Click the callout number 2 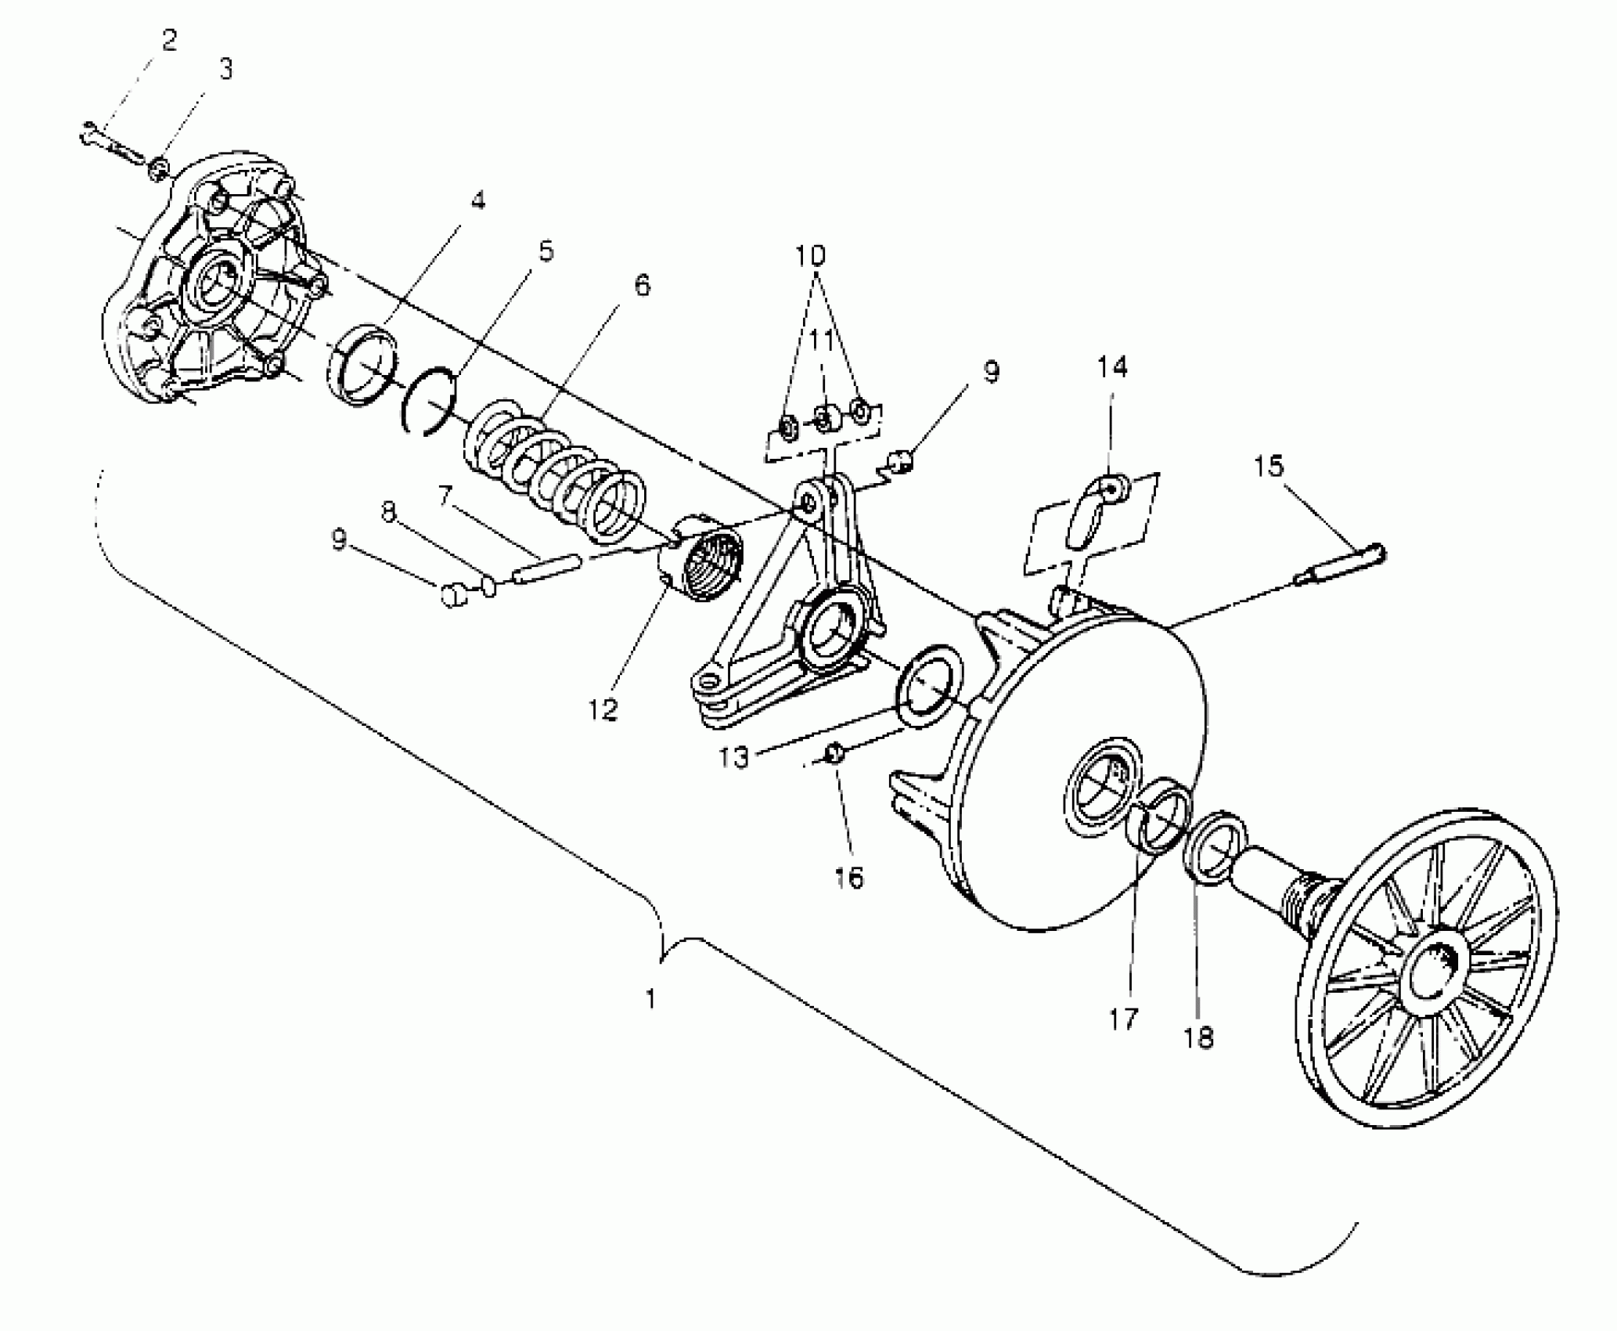[169, 41]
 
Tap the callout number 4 [477, 200]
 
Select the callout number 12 [603, 709]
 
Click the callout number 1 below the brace [650, 999]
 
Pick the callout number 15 [1269, 466]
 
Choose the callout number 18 [1199, 1038]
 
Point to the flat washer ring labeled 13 [929, 685]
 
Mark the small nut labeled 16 [834, 752]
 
